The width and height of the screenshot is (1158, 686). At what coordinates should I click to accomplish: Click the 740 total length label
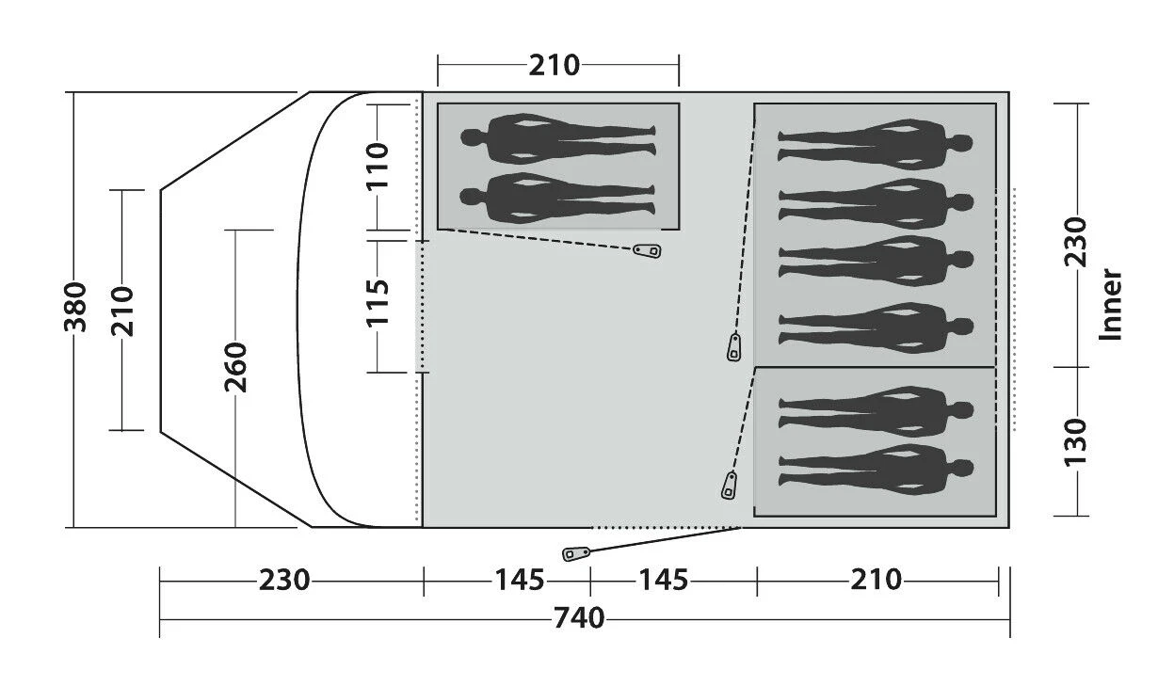point(579,618)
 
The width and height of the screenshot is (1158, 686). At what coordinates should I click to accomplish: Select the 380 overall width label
point(76,308)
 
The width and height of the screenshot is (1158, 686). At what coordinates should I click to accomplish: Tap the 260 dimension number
point(235,367)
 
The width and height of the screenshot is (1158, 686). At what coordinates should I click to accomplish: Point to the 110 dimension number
point(377,165)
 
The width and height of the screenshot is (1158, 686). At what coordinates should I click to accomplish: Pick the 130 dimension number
point(1074,440)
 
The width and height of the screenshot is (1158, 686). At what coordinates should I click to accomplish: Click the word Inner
point(1112,304)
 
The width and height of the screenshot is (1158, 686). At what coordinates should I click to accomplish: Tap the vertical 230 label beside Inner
point(1074,243)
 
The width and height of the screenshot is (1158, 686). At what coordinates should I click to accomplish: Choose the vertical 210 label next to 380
point(125,310)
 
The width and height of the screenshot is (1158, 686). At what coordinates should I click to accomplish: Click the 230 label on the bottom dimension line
point(284,580)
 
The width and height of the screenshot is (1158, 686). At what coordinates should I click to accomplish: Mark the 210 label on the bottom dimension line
point(876,580)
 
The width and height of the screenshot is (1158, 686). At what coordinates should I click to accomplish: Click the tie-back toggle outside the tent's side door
point(574,553)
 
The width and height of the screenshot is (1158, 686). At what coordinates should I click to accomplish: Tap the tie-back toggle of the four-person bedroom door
point(734,347)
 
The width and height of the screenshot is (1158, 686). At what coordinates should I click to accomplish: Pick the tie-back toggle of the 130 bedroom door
point(729,487)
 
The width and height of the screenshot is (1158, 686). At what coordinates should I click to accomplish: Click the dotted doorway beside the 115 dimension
point(420,306)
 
